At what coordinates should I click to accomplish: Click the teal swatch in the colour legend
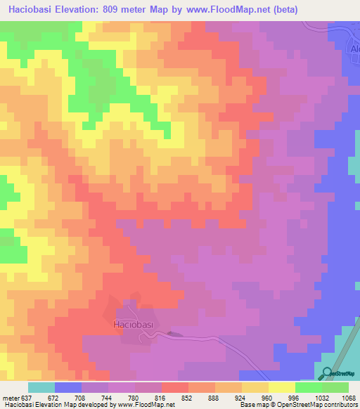point(41,387)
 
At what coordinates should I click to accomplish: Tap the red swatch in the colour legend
point(175,387)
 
